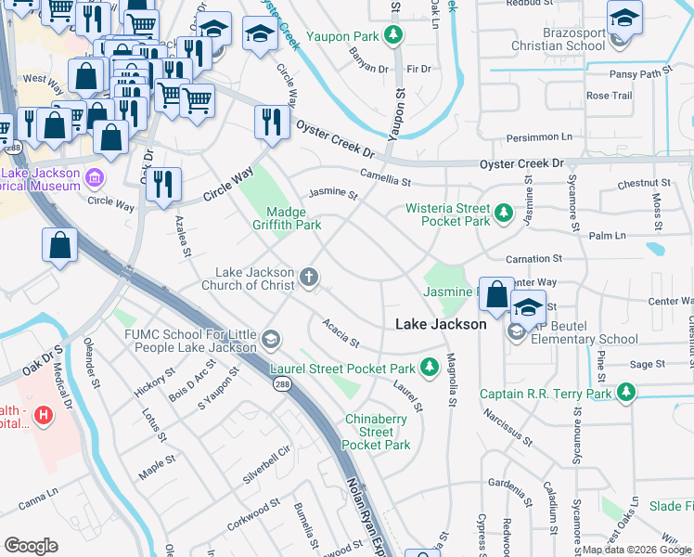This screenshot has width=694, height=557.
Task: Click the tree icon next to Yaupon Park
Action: (394, 36)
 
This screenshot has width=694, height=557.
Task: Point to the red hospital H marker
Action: (42, 413)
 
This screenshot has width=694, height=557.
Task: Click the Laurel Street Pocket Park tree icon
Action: (430, 368)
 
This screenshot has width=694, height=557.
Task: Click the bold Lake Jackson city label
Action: (441, 324)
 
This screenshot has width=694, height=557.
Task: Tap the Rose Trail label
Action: (609, 96)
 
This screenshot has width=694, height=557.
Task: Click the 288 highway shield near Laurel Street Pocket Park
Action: (278, 388)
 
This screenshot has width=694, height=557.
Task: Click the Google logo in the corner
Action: (31, 545)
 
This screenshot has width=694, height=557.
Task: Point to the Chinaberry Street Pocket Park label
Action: (377, 432)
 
